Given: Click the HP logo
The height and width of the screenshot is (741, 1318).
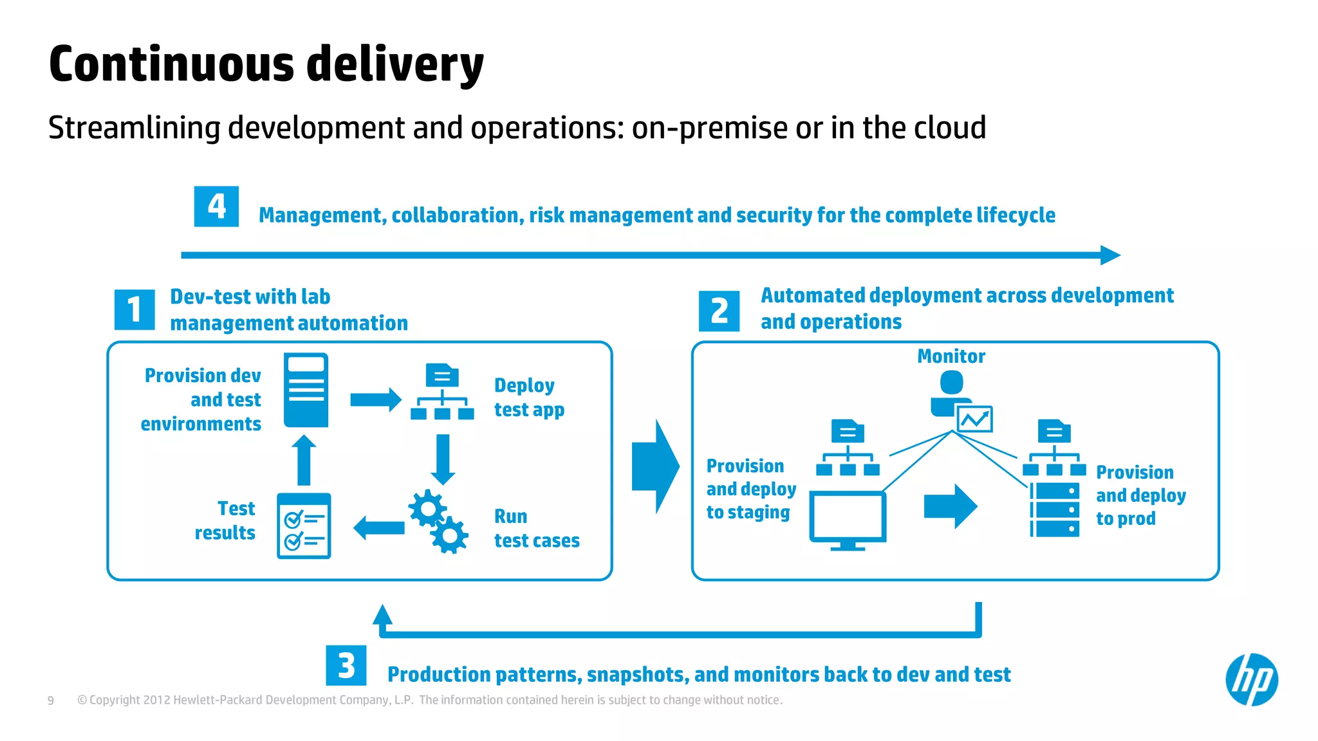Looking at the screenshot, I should (x=1252, y=679).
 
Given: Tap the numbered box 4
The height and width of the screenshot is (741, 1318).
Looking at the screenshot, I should (x=216, y=206).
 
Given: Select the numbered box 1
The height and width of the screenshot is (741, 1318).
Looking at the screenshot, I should (x=135, y=309).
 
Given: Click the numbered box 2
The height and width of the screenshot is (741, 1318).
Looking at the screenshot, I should (x=719, y=311).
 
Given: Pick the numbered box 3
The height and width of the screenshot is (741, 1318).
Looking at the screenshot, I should (x=346, y=665).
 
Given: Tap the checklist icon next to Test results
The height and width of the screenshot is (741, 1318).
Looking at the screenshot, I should (x=304, y=526).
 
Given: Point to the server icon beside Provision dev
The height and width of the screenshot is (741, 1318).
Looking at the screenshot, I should (x=306, y=390).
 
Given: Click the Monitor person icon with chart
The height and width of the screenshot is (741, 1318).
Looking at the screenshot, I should (x=959, y=403).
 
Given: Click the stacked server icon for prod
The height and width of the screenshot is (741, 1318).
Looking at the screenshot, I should (x=1055, y=509).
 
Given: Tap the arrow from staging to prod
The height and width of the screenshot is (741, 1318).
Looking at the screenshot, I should (x=950, y=506).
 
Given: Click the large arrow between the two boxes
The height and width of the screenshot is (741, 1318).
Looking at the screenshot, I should (x=655, y=466).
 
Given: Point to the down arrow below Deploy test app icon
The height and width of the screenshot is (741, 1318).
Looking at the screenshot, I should (x=443, y=459).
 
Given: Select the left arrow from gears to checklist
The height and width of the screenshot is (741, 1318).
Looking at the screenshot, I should (x=379, y=528).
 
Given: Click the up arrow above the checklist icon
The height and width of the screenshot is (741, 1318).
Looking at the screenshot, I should (x=304, y=459).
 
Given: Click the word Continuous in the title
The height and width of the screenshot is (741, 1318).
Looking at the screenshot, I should (x=171, y=64).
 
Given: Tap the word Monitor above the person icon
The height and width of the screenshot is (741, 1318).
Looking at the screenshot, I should (x=951, y=356).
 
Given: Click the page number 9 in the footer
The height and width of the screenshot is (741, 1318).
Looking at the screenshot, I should (x=51, y=700).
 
